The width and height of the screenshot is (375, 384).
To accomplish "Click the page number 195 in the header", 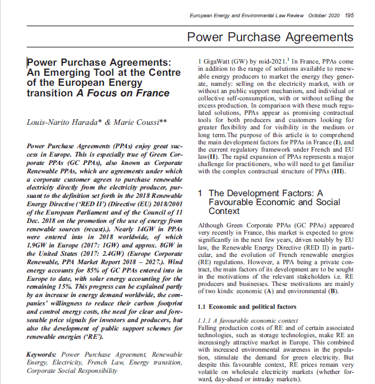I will click(349, 15).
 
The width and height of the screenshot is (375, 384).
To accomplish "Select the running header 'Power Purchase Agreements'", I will click(270, 37).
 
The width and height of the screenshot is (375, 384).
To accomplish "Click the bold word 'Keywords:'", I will click(42, 354).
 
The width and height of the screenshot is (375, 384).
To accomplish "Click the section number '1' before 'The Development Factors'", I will click(201, 193).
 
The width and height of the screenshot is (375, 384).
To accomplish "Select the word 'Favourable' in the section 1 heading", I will click(234, 202).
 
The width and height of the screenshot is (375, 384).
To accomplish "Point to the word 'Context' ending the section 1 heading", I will click(224, 211).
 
